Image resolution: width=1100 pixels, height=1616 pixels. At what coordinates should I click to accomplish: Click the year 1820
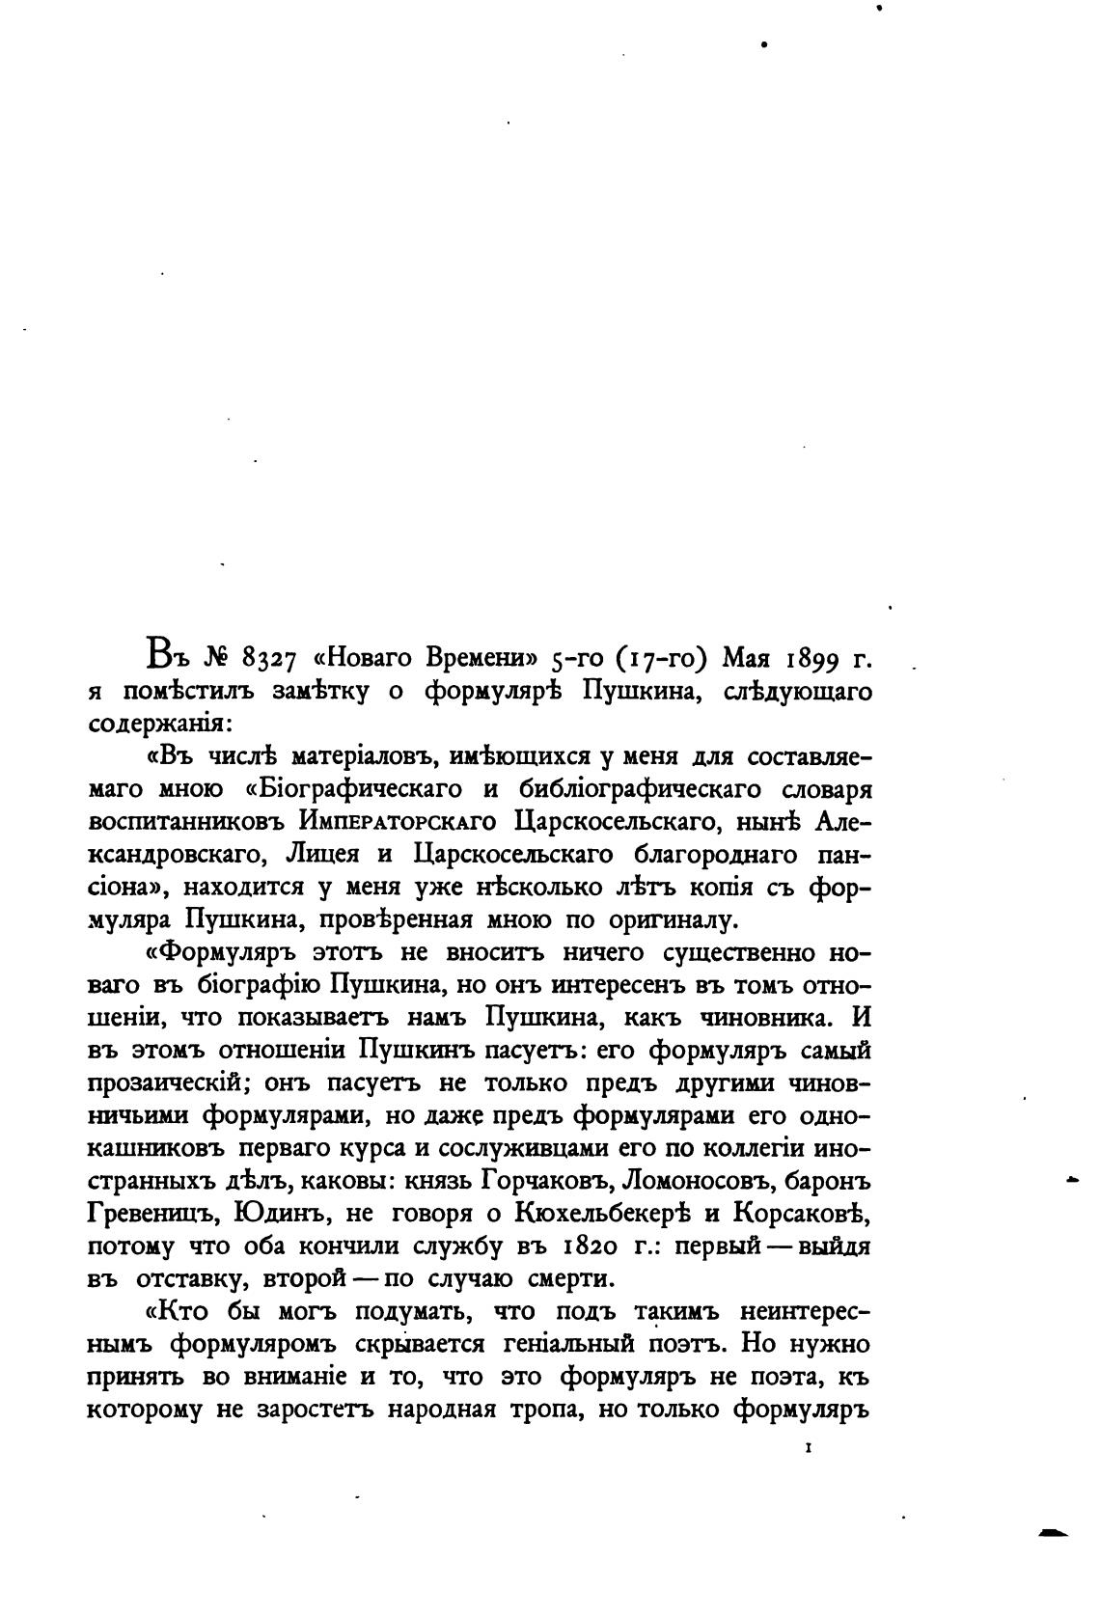tap(568, 1246)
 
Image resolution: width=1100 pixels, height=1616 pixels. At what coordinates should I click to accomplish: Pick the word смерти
tap(570, 1278)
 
